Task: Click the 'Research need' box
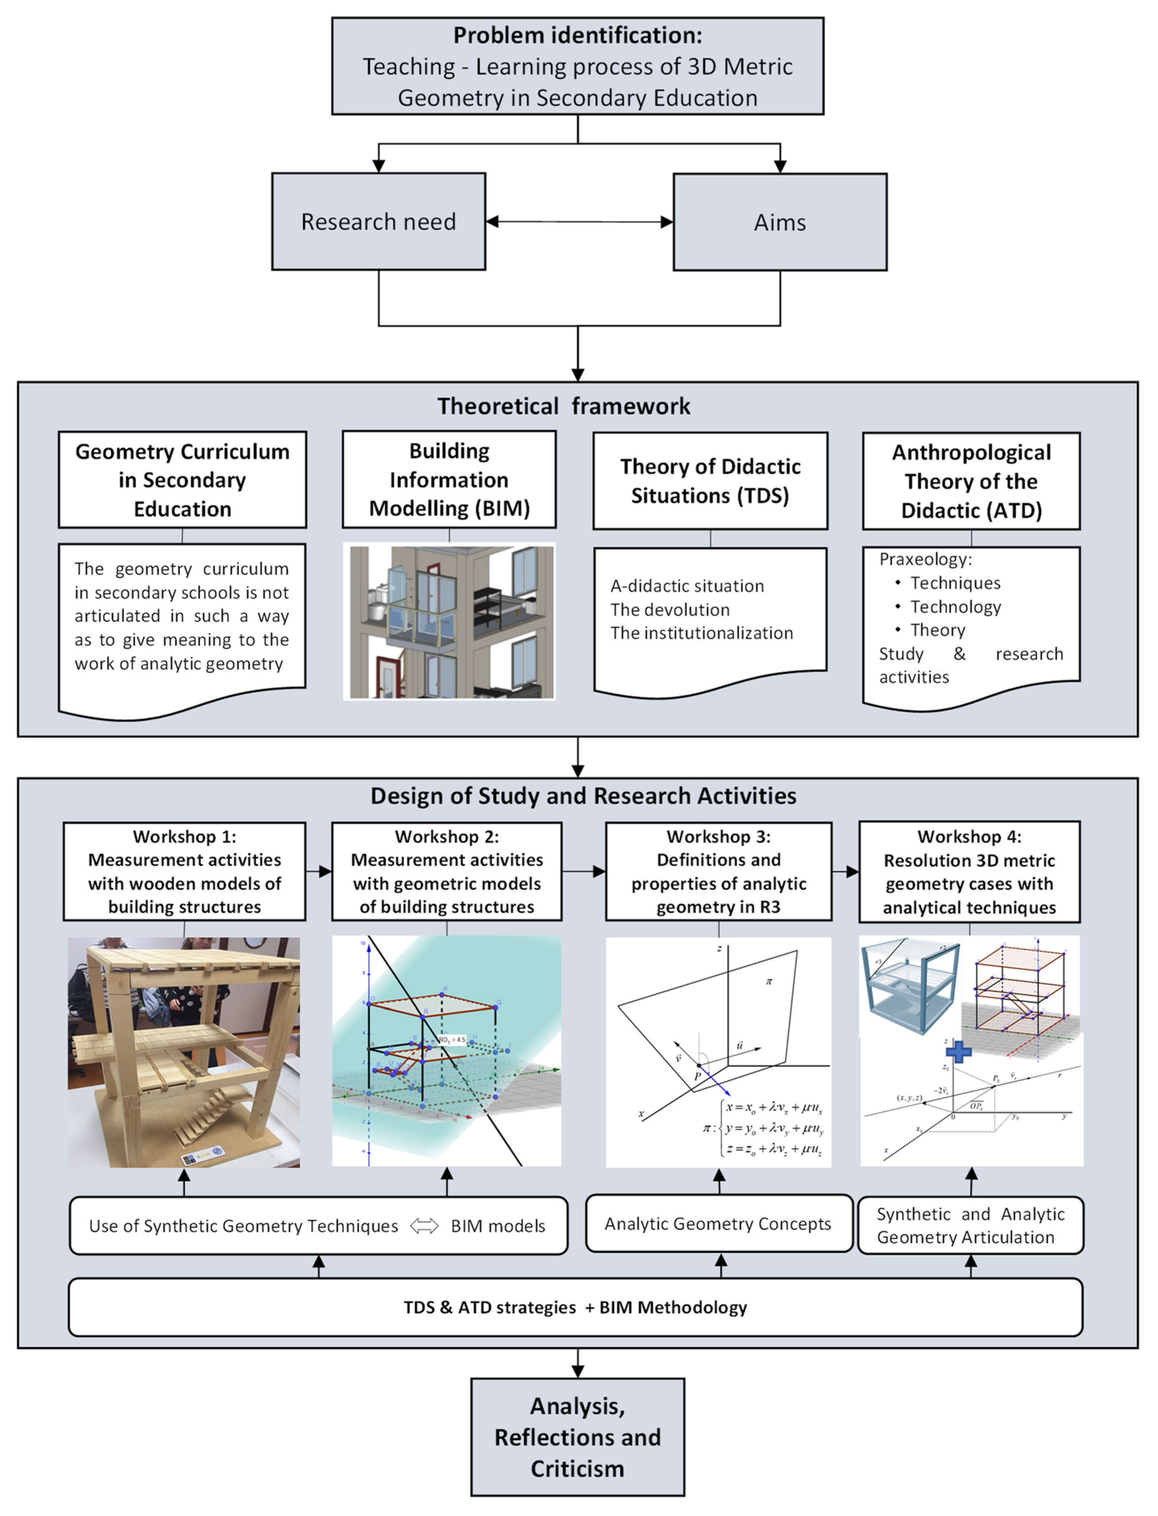378,221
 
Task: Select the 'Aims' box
780,222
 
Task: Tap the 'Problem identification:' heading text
578,35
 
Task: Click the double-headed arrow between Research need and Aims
579,221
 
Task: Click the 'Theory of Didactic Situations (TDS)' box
710,481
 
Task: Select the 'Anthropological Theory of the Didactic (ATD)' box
971,481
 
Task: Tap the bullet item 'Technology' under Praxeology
955,607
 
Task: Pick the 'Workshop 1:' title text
184,836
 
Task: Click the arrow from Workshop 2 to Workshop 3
584,871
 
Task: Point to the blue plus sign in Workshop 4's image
958,1051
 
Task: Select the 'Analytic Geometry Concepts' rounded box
718,1224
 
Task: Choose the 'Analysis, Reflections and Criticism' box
578,1437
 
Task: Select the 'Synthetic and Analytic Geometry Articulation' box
971,1225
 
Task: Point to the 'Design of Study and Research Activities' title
583,796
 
